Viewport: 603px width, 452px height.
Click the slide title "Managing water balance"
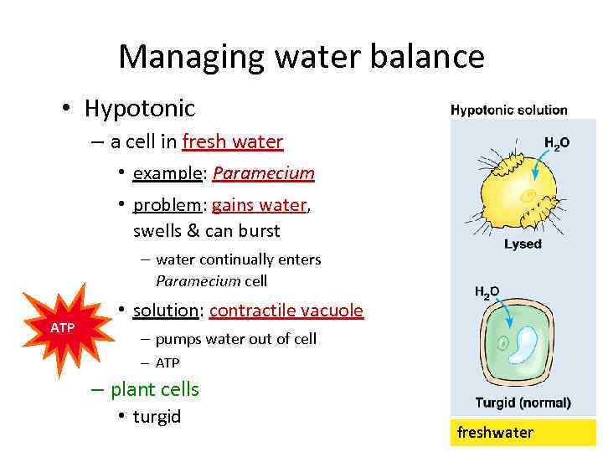pyautogui.click(x=301, y=57)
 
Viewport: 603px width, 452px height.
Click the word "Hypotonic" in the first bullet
pyautogui.click(x=139, y=108)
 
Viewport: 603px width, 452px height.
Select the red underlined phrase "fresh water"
pyautogui.click(x=232, y=141)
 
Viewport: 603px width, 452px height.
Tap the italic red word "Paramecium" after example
pyautogui.click(x=263, y=173)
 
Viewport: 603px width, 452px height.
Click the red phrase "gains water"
pyautogui.click(x=260, y=205)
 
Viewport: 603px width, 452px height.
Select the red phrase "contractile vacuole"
pyautogui.click(x=286, y=311)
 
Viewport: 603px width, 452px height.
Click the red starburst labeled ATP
pyautogui.click(x=63, y=327)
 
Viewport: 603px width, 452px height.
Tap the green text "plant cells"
pyautogui.click(x=154, y=389)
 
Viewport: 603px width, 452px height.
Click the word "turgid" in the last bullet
pyautogui.click(x=157, y=417)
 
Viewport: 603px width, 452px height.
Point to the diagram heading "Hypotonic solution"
pyautogui.click(x=508, y=110)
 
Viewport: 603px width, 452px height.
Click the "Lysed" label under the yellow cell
pyautogui.click(x=523, y=244)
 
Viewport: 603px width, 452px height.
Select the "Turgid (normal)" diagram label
pyautogui.click(x=523, y=403)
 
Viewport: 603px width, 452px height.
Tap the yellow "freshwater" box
pyautogui.click(x=523, y=433)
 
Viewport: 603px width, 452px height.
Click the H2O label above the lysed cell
pyautogui.click(x=556, y=143)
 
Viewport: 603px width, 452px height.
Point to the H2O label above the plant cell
pyautogui.click(x=487, y=292)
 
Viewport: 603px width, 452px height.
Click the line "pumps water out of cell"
pyautogui.click(x=235, y=339)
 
